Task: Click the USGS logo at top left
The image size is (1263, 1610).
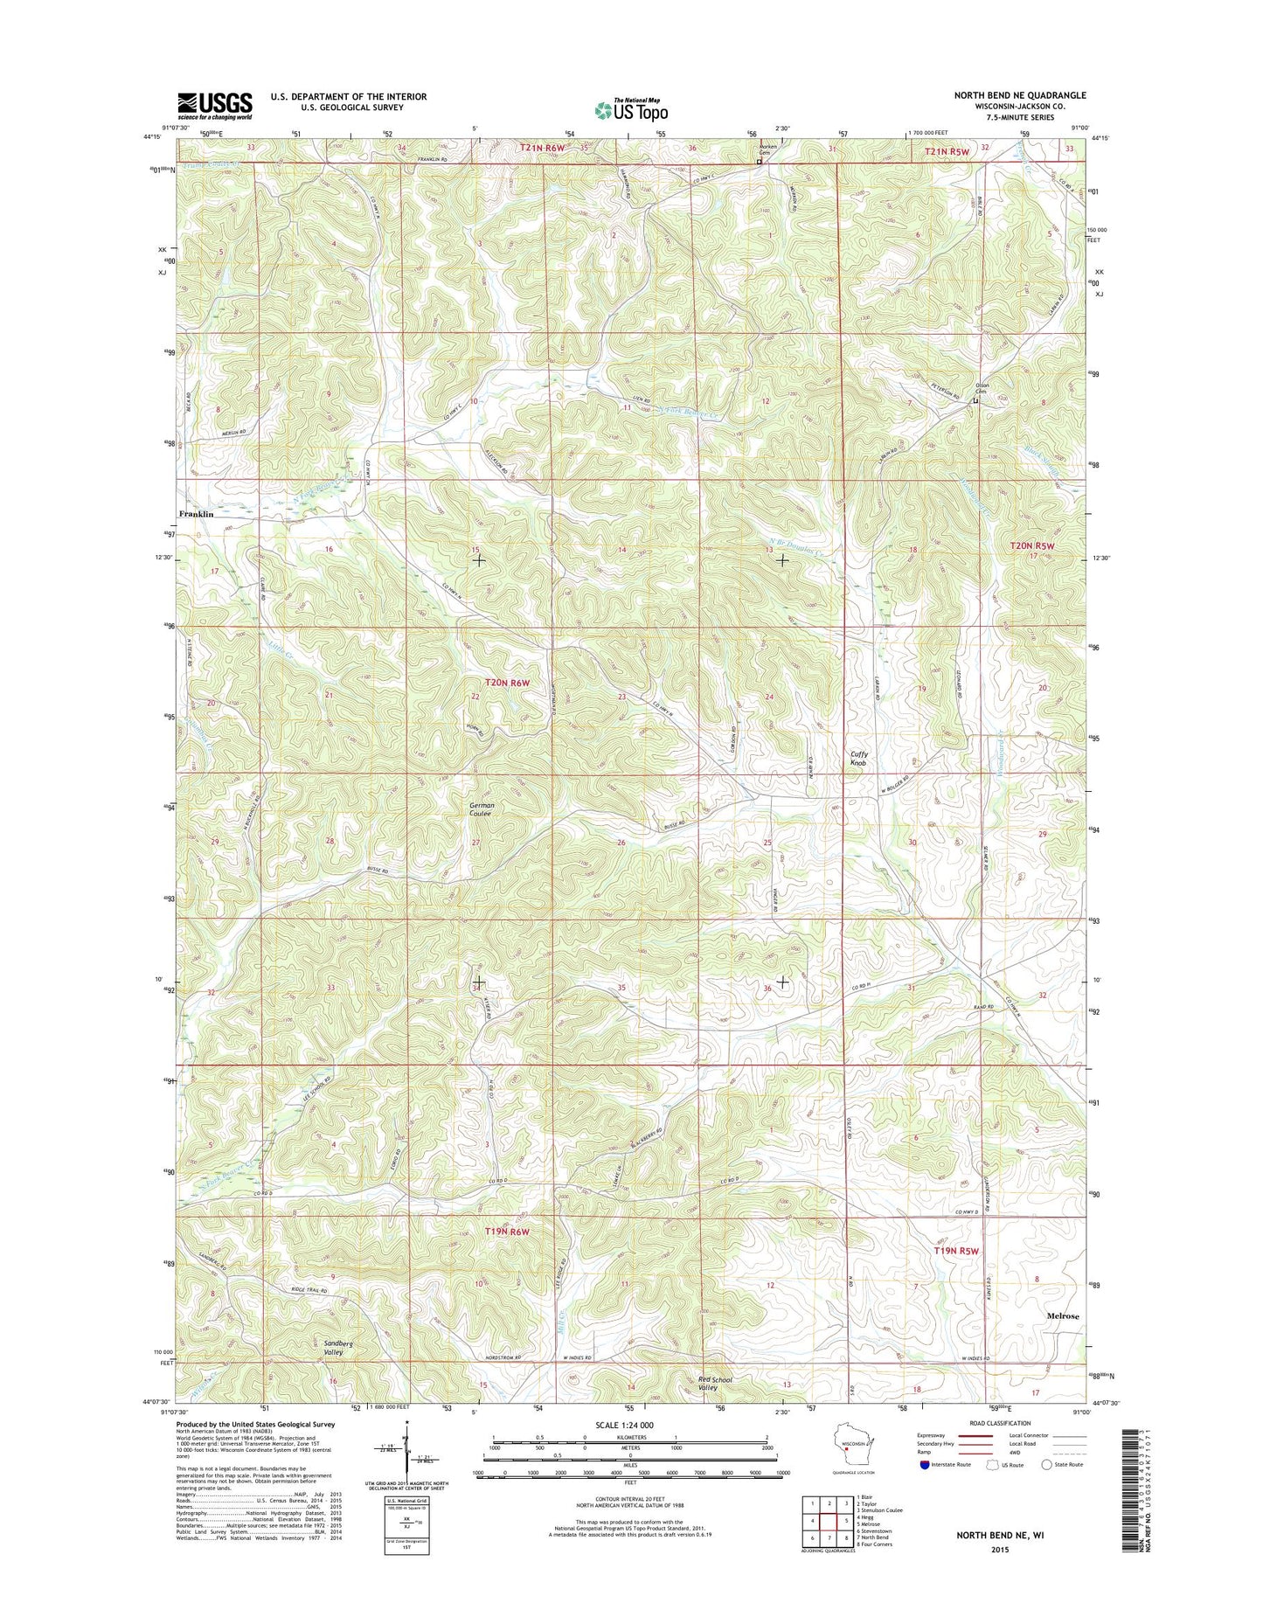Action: (x=214, y=105)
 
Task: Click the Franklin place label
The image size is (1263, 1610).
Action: (x=197, y=514)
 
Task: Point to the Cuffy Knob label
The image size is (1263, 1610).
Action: (x=859, y=758)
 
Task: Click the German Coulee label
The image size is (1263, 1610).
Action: (x=482, y=808)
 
